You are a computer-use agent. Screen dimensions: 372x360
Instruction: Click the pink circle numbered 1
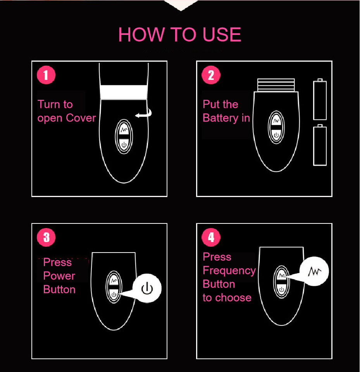(x=46, y=75)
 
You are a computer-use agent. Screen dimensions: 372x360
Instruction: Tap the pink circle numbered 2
(x=211, y=75)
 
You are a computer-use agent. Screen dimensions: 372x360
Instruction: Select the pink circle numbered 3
(x=46, y=237)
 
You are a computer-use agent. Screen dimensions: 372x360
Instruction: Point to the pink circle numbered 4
(x=211, y=237)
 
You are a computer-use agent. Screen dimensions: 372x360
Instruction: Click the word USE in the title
(x=222, y=35)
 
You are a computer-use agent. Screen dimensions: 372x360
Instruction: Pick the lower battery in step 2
(x=320, y=145)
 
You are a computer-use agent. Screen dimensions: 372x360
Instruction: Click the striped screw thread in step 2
(x=276, y=85)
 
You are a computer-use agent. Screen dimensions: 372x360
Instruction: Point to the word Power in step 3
(x=59, y=276)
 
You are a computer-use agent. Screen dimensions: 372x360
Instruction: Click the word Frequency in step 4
(x=229, y=270)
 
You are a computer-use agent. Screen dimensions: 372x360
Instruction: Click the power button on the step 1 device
(x=123, y=144)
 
